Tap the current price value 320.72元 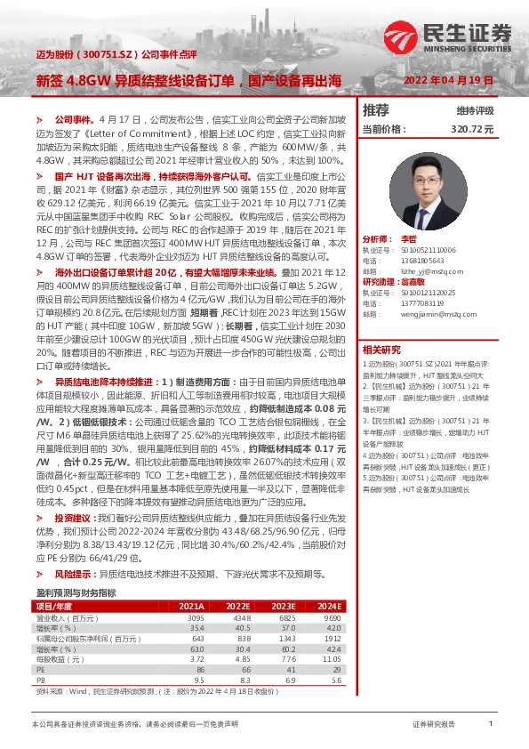click(x=471, y=129)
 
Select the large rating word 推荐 click(x=376, y=110)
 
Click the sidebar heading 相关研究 click(x=381, y=349)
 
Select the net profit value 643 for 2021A click(x=196, y=638)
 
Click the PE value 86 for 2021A click(x=196, y=670)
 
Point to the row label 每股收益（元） click(x=60, y=659)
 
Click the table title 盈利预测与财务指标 click(x=76, y=592)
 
